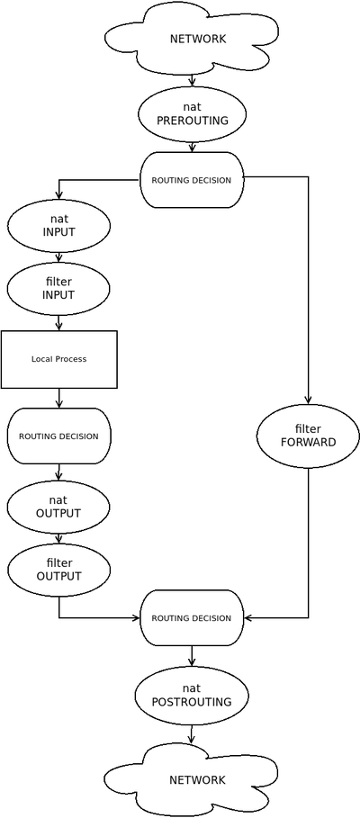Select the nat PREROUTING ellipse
coord(192,114)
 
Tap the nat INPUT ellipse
coord(58,226)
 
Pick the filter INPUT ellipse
coord(58,289)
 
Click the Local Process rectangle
coord(58,359)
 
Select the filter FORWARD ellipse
coord(308,436)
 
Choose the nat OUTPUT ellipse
coord(58,507)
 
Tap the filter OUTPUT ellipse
coord(58,570)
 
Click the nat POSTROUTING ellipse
coord(192,695)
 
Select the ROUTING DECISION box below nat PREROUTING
coord(192,180)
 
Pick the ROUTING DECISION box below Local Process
coord(58,436)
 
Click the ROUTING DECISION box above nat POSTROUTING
coord(192,618)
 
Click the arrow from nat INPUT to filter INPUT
coord(58,257)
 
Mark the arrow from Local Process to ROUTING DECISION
coord(58,399)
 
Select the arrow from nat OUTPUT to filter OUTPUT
coord(58,538)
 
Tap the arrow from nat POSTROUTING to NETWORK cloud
coord(192,734)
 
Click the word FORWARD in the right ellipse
coord(308,443)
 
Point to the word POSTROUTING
coord(192,702)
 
